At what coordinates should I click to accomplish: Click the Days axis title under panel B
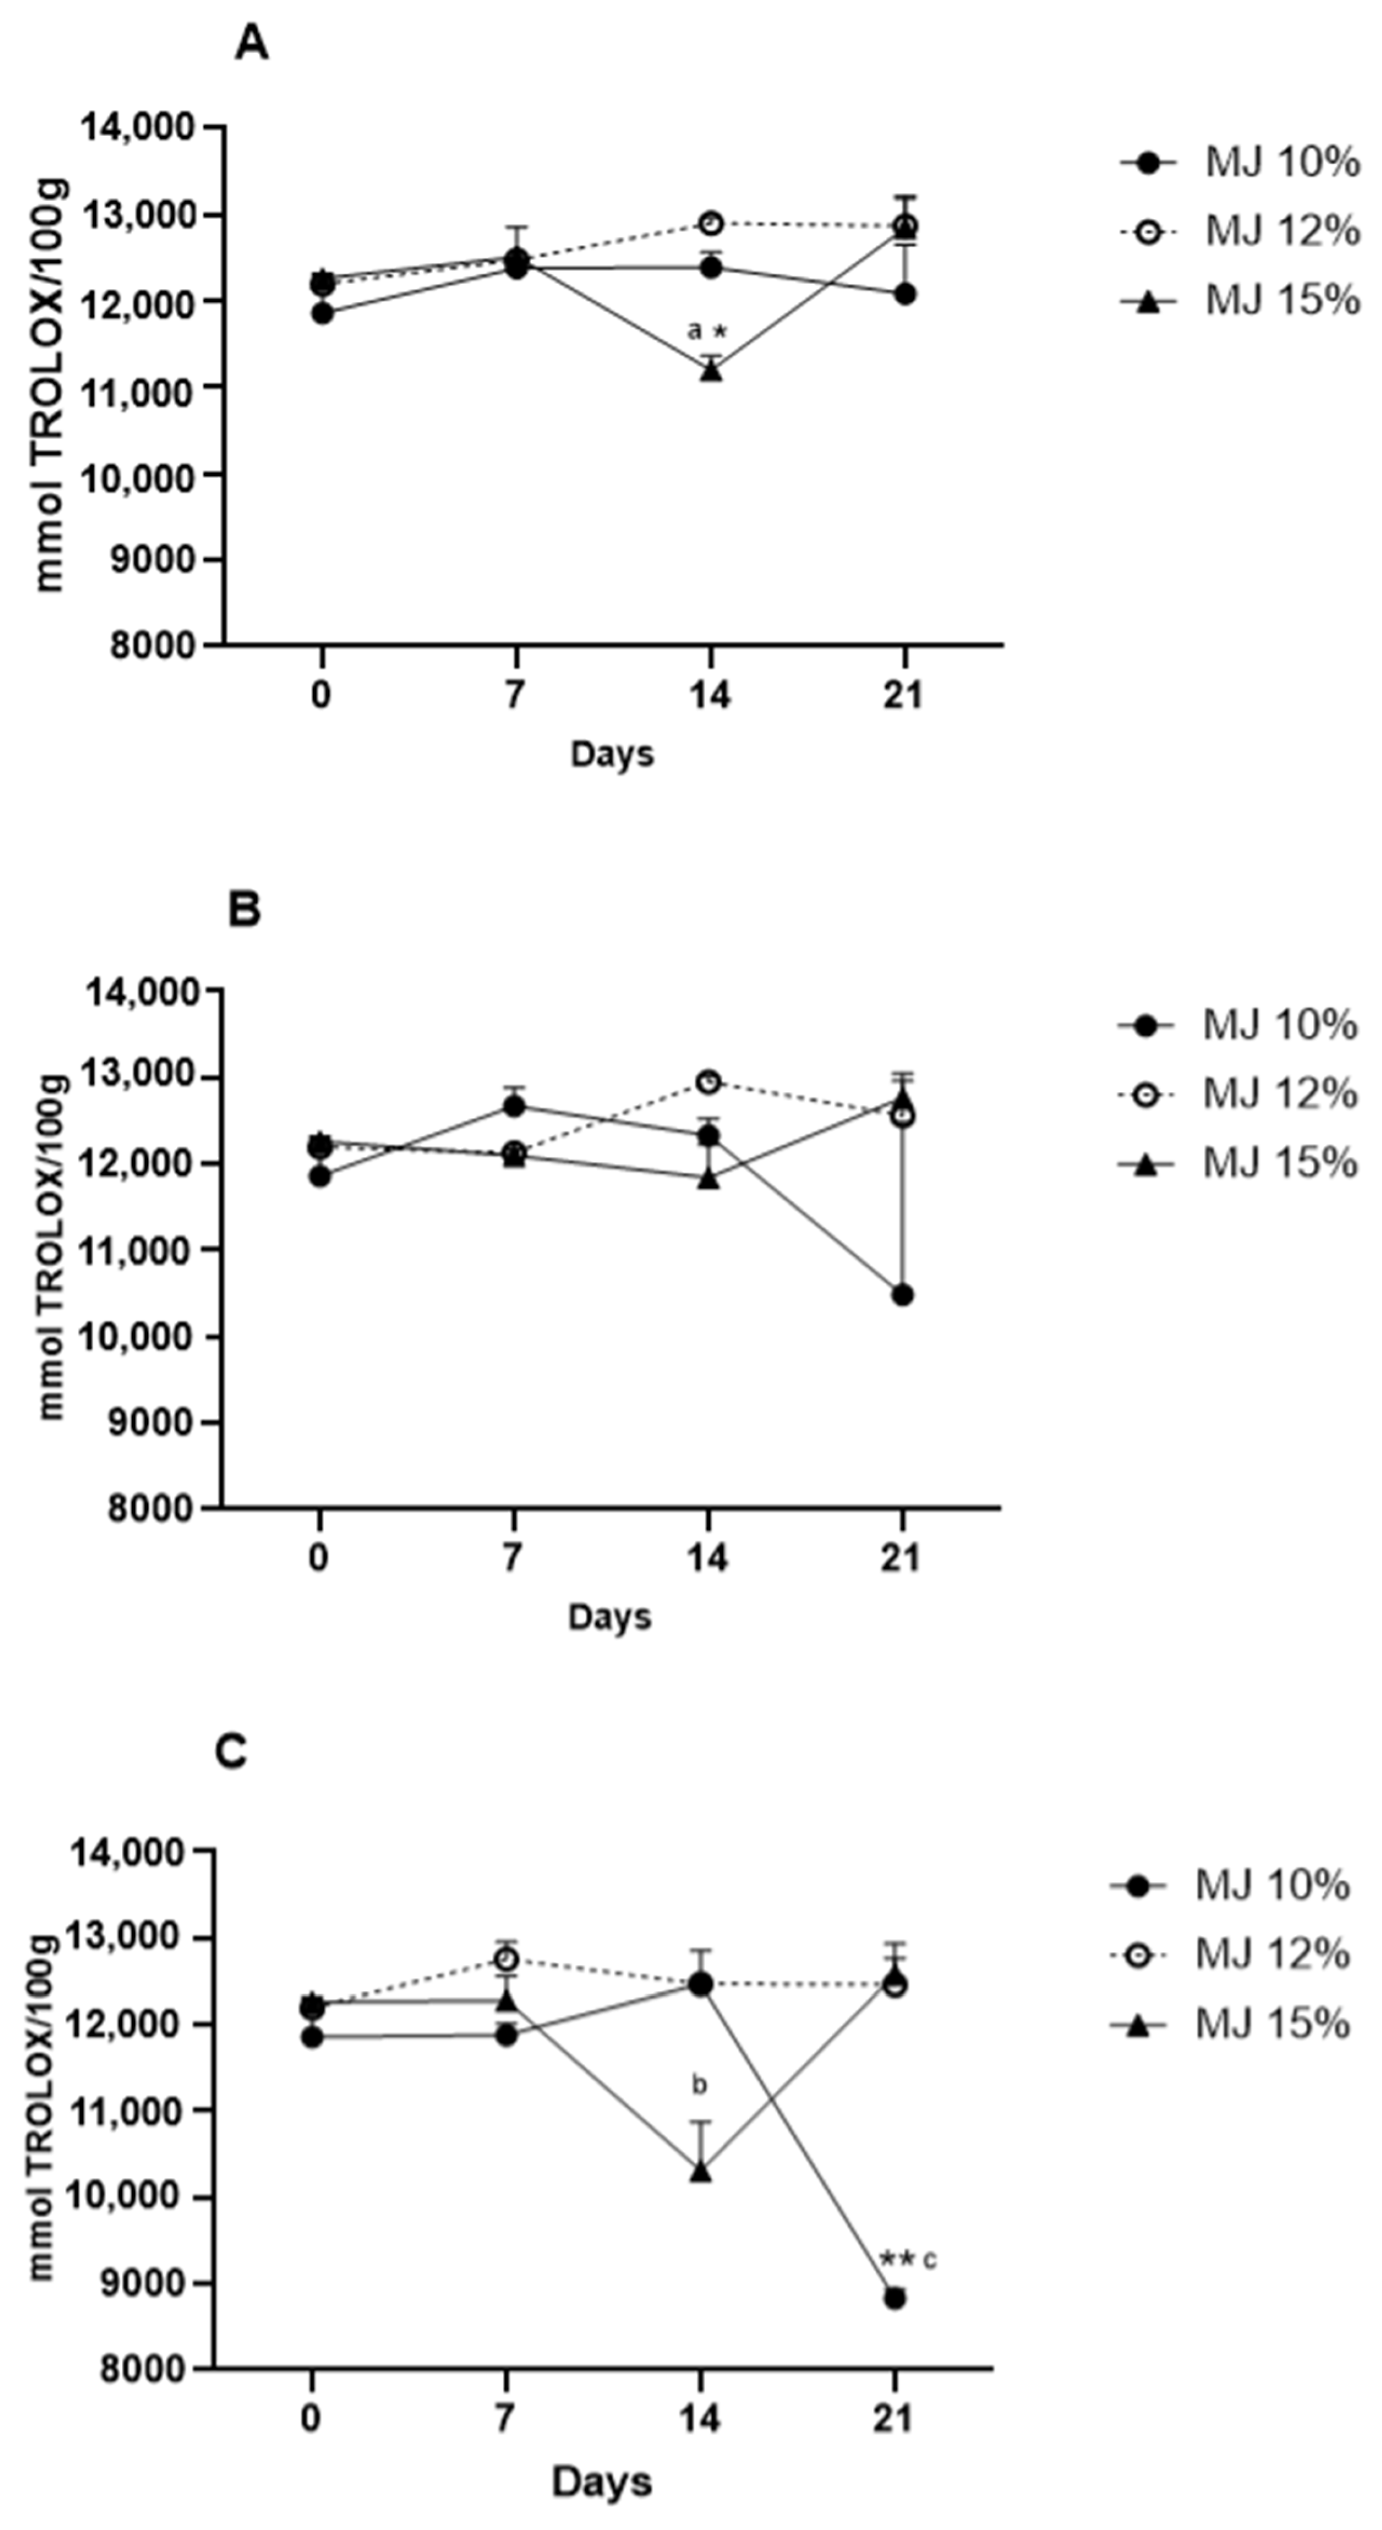(609, 1617)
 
